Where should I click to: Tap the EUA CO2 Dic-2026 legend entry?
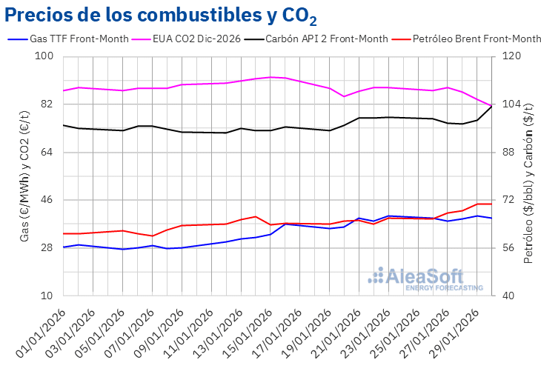click(196, 39)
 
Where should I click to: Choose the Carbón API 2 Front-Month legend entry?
click(327, 39)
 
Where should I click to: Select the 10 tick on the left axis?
click(47, 296)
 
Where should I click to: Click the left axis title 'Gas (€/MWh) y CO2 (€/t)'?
click(24, 176)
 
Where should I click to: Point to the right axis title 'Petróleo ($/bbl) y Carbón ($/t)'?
click(529, 176)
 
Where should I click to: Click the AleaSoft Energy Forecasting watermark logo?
click(425, 278)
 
